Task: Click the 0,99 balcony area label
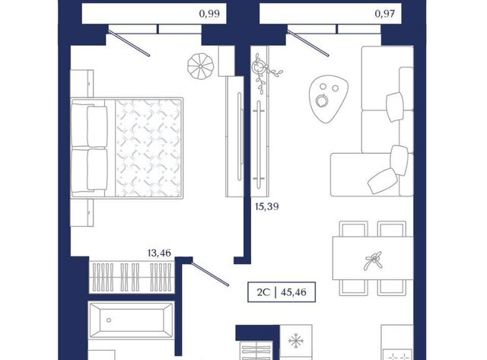(209, 14)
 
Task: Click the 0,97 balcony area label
(384, 14)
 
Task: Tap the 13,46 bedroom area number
(159, 253)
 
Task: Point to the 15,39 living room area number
(267, 206)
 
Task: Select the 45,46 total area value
(294, 292)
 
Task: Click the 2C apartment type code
(263, 292)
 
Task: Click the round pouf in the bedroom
(201, 66)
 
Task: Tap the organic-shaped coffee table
(328, 98)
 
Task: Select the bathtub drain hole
(109, 320)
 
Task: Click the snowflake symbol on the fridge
(295, 341)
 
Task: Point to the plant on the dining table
(374, 260)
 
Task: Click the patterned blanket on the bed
(148, 148)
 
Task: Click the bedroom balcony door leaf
(129, 43)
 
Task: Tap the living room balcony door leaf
(308, 43)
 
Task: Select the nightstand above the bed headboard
(82, 83)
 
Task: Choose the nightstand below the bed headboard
(82, 213)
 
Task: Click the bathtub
(131, 320)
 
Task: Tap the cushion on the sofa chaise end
(382, 181)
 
